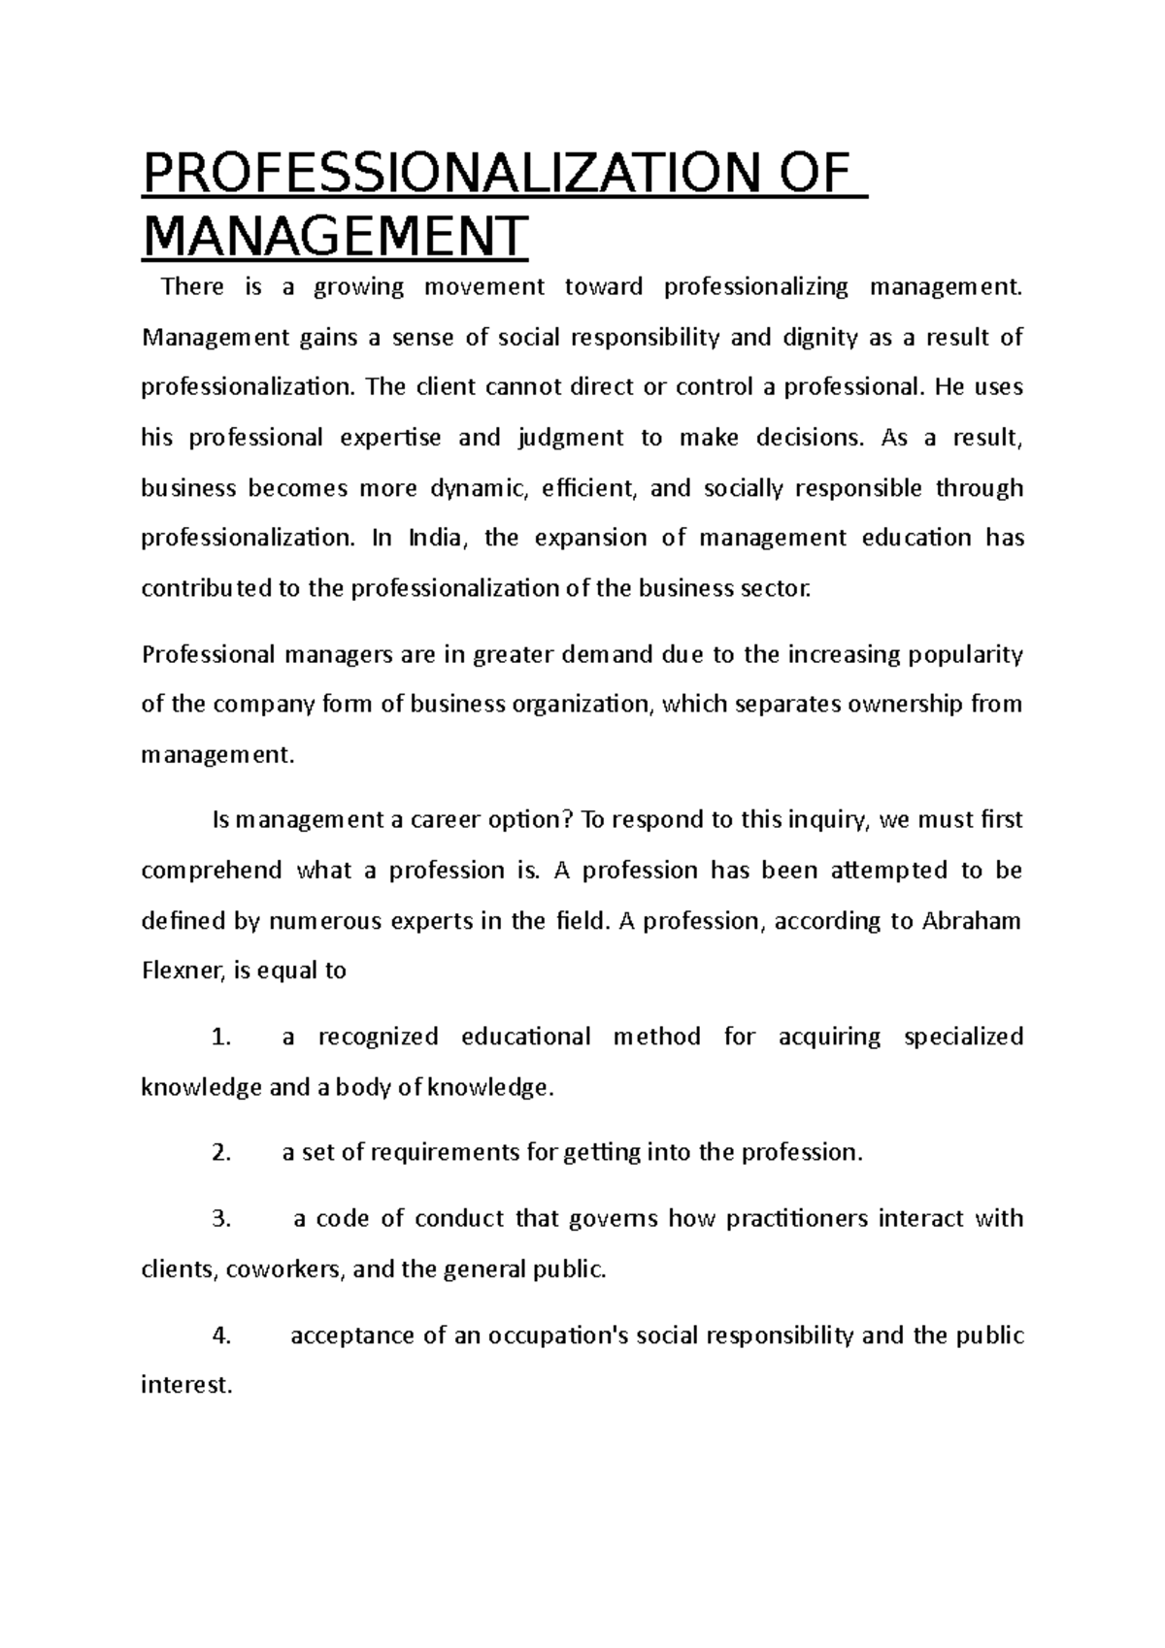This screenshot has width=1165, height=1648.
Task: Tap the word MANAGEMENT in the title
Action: tap(335, 236)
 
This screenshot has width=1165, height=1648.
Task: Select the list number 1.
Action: tap(220, 1038)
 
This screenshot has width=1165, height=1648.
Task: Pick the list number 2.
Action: tap(220, 1153)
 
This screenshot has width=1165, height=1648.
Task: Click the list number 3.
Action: tap(220, 1219)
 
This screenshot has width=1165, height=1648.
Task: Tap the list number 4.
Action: tap(220, 1336)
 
